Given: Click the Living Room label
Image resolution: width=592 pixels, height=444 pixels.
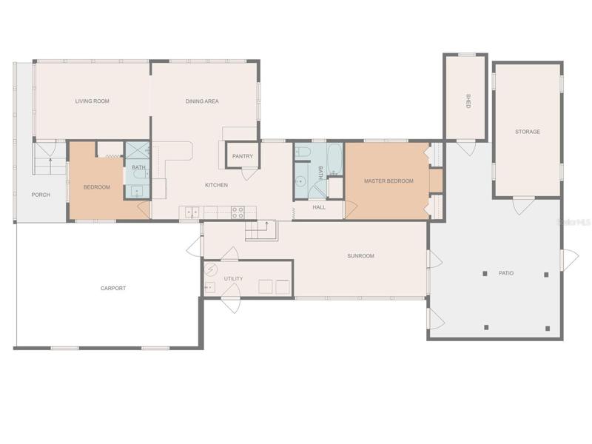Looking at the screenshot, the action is tap(92, 101).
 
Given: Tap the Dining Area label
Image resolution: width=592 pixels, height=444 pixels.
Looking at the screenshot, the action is tap(202, 101).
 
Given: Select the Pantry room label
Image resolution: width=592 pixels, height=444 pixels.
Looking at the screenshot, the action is tap(243, 156).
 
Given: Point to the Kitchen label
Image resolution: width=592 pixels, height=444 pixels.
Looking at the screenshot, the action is tap(216, 185).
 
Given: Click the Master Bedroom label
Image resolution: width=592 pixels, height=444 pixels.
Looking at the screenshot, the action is tap(388, 181).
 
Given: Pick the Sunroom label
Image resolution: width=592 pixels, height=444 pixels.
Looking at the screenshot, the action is tap(360, 255).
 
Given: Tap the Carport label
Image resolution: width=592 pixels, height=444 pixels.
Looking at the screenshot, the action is tap(113, 288).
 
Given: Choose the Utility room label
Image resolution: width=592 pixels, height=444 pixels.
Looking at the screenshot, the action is tap(233, 279).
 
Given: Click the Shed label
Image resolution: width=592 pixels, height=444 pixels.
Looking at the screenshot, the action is tap(468, 101).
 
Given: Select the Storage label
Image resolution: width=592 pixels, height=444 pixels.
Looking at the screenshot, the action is tap(528, 132).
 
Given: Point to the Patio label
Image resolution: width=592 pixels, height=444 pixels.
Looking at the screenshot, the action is tap(506, 273).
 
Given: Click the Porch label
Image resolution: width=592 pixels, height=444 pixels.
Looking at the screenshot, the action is tap(41, 195).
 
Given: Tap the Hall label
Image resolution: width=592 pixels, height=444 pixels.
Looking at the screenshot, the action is tap(319, 207).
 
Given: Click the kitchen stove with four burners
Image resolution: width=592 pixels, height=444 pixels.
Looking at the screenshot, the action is tap(238, 212).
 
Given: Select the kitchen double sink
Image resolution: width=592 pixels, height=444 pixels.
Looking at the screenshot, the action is tap(192, 212).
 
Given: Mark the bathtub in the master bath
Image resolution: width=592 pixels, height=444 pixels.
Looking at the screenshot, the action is tap(334, 159).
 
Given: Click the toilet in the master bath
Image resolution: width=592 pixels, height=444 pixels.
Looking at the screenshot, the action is tap(303, 152).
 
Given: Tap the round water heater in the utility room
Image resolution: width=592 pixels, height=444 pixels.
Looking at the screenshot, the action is tap(211, 269).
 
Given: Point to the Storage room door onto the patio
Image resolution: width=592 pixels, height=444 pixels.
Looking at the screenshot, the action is tap(523, 206).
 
